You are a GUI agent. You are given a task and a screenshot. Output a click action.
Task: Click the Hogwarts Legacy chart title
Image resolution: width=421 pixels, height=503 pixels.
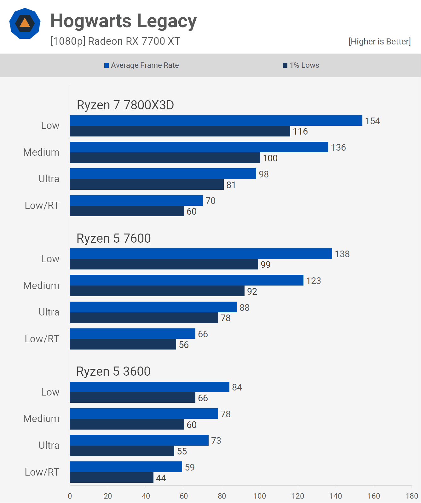pyautogui.click(x=124, y=21)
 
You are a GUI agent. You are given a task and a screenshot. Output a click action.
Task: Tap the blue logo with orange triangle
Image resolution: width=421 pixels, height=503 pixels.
pyautogui.click(x=25, y=24)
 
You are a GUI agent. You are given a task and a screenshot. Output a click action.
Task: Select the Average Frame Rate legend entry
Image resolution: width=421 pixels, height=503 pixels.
pyautogui.click(x=141, y=65)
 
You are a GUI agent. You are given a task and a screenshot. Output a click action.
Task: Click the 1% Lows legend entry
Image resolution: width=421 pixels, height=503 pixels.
pyautogui.click(x=301, y=65)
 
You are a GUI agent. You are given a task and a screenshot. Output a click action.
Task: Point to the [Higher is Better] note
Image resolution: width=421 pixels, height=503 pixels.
pyautogui.click(x=379, y=42)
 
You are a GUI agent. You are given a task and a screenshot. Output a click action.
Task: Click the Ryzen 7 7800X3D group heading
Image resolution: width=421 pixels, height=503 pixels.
pyautogui.click(x=125, y=105)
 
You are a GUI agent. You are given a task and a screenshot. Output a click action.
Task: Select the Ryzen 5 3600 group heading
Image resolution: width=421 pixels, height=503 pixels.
pyautogui.click(x=113, y=371)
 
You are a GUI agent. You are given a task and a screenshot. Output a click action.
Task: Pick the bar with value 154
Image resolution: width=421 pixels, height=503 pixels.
pyautogui.click(x=216, y=120)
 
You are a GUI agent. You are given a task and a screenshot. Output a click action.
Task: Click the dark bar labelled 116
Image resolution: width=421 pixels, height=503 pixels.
pyautogui.click(x=180, y=131)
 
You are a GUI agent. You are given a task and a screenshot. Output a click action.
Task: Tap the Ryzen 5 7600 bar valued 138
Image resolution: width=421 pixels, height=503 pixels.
pyautogui.click(x=201, y=254)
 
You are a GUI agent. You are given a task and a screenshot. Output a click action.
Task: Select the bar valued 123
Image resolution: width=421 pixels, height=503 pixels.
pyautogui.click(x=187, y=280)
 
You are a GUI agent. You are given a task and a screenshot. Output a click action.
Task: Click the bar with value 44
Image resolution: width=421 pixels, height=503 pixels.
pyautogui.click(x=112, y=477)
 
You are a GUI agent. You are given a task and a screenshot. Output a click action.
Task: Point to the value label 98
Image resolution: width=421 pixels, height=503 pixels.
pyautogui.click(x=264, y=174)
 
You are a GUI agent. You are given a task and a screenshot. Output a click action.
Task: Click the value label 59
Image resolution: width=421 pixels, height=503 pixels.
pyautogui.click(x=190, y=467)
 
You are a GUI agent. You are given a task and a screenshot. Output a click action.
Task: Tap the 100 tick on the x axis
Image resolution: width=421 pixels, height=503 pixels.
pyautogui.click(x=260, y=496)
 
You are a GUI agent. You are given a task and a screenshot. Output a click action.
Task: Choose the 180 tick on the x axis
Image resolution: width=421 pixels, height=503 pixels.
pyautogui.click(x=412, y=496)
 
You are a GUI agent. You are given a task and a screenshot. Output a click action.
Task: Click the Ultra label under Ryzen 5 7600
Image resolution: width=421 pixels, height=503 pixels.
pyautogui.click(x=49, y=312)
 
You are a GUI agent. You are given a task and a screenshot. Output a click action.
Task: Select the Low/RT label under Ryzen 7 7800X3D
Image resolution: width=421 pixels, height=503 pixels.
pyautogui.click(x=42, y=205)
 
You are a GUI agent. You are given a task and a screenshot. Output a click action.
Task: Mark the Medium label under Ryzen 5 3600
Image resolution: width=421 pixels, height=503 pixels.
pyautogui.click(x=41, y=419)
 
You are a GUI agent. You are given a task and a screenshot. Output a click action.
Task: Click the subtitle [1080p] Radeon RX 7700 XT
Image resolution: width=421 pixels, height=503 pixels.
pyautogui.click(x=115, y=41)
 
